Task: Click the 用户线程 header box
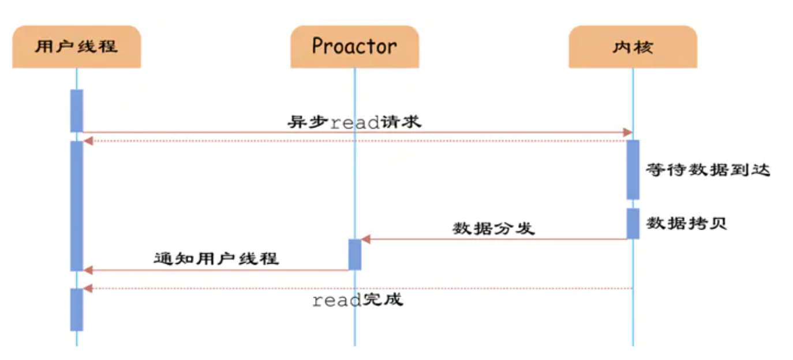[76, 47]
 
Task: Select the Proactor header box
[354, 47]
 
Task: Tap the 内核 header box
[633, 47]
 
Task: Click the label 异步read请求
[354, 122]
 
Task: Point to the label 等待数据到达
[708, 170]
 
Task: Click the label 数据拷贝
[686, 223]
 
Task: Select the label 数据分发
[493, 228]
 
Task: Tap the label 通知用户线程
[216, 258]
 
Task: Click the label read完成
[357, 301]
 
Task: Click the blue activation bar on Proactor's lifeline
[354, 254]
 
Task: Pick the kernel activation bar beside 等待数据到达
[633, 170]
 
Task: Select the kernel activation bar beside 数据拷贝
[633, 223]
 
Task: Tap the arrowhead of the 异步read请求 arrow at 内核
[629, 133]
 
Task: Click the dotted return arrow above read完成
[358, 288]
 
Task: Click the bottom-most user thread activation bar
[77, 310]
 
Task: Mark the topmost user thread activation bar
[77, 110]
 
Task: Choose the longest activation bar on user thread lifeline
[77, 205]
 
